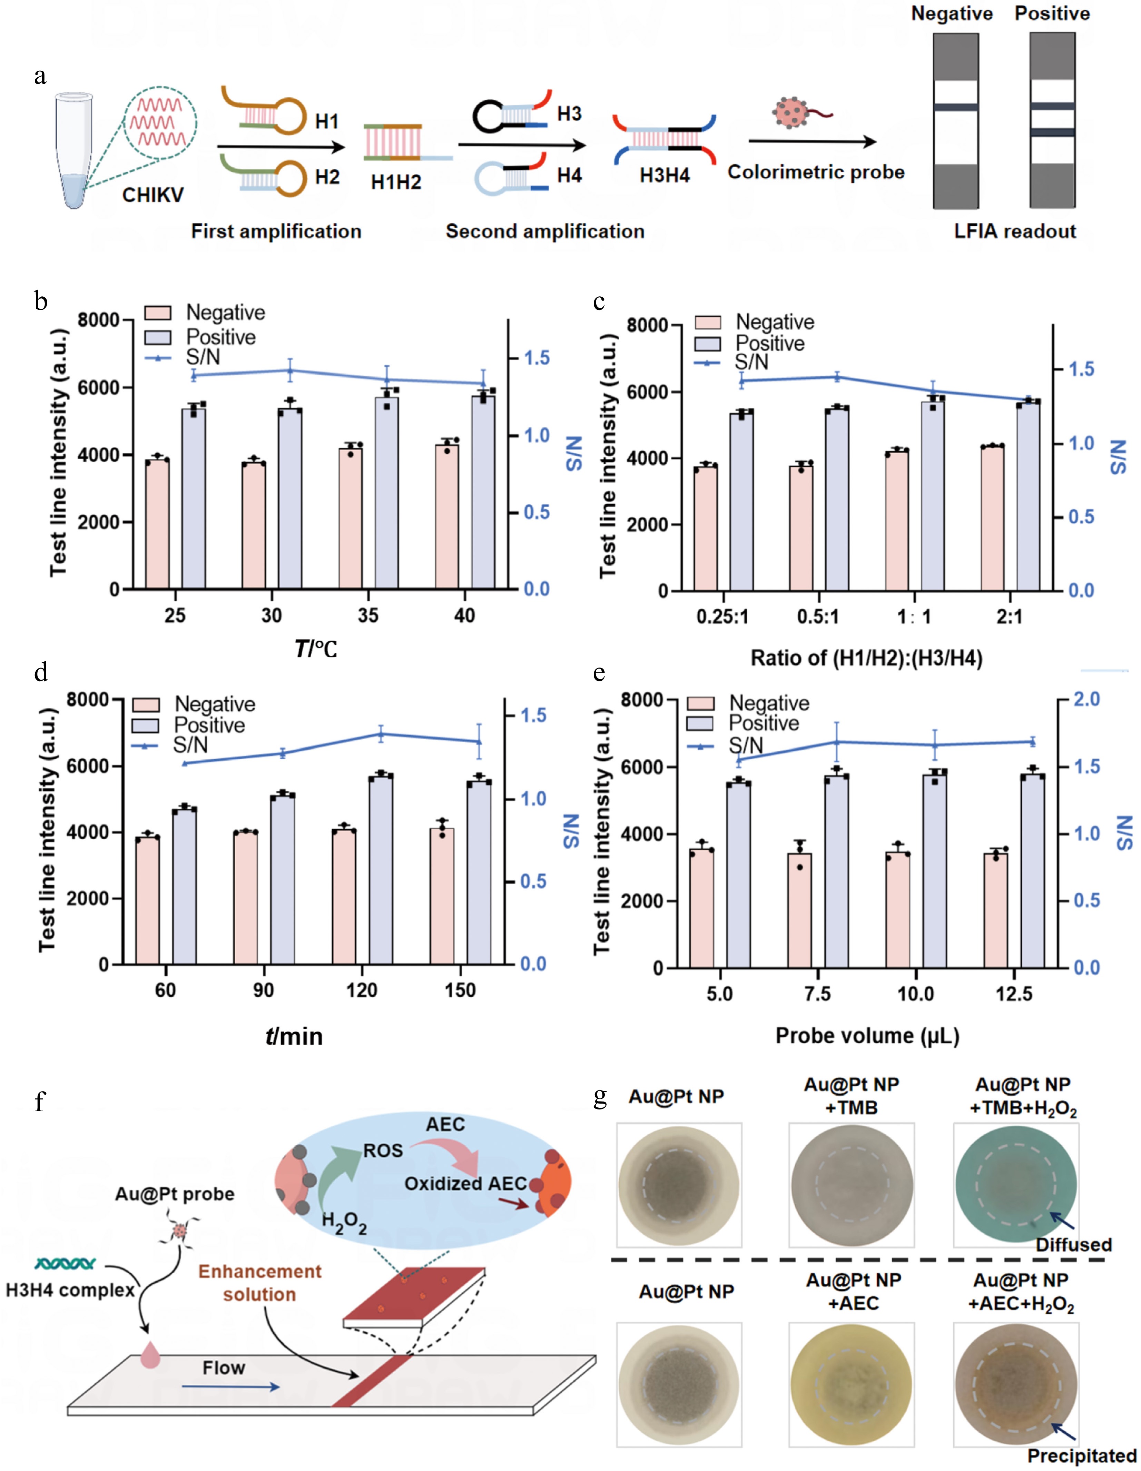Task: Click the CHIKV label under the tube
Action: coord(153,195)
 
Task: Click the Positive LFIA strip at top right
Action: coord(1052,121)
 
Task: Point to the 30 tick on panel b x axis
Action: coord(272,615)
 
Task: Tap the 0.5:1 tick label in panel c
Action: coord(818,617)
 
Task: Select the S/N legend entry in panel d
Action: coord(190,745)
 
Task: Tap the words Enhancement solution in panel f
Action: coord(260,1283)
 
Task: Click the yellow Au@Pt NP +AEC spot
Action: coord(852,1384)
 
